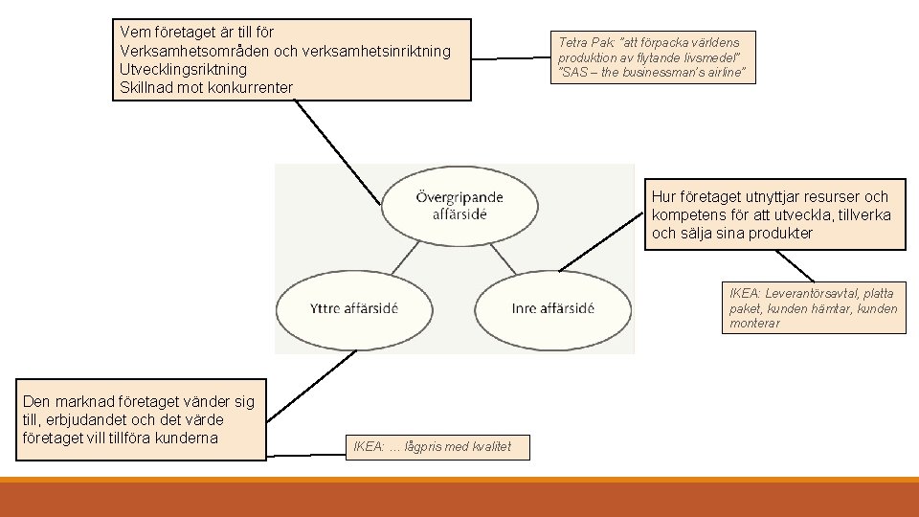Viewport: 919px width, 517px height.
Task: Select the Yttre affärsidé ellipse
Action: (x=354, y=308)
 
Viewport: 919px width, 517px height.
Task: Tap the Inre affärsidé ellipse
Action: (x=552, y=308)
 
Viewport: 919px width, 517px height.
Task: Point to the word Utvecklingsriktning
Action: (x=183, y=69)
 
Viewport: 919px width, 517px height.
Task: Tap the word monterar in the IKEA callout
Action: (x=754, y=324)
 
